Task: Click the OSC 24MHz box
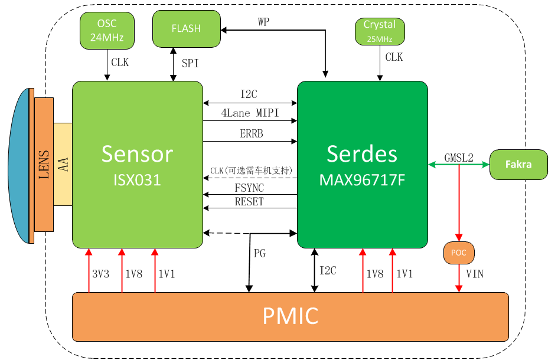(x=107, y=31)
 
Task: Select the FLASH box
(x=187, y=29)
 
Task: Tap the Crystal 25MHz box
(x=380, y=32)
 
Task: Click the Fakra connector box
(x=518, y=164)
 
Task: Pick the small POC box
(x=459, y=253)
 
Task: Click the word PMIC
(x=291, y=316)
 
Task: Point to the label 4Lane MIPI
(x=250, y=113)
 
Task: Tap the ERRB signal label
(x=251, y=133)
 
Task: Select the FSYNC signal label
(x=249, y=188)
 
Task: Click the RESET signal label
(x=249, y=201)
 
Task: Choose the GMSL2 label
(x=459, y=158)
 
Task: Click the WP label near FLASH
(x=263, y=22)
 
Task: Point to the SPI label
(x=190, y=63)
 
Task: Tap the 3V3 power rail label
(x=101, y=274)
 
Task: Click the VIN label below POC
(x=475, y=274)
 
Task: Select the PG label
(x=259, y=253)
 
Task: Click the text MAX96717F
(x=363, y=180)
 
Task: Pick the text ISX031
(x=137, y=180)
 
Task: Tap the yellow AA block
(x=63, y=164)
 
